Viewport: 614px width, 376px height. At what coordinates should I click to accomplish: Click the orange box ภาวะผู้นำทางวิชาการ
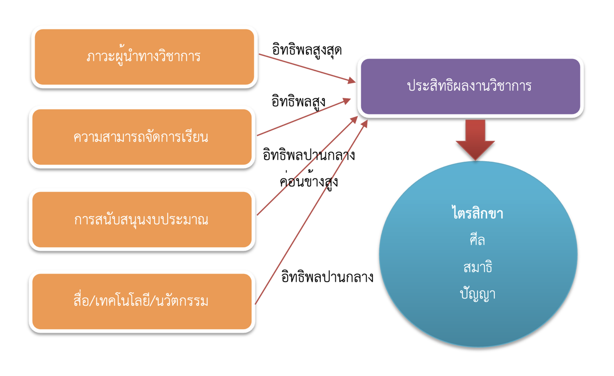tap(144, 57)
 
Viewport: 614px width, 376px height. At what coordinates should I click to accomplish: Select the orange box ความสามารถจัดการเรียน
tap(142, 137)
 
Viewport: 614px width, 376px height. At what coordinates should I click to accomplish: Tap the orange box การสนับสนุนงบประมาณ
tap(142, 220)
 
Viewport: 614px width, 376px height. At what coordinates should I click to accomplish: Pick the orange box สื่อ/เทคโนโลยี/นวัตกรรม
tap(142, 301)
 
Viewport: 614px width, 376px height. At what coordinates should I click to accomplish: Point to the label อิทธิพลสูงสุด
tap(307, 50)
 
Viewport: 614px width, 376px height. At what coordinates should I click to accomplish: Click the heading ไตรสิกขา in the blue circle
tap(478, 213)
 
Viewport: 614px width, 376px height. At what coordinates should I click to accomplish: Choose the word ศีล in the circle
tap(477, 240)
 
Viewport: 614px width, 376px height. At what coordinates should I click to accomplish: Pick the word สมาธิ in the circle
tap(478, 267)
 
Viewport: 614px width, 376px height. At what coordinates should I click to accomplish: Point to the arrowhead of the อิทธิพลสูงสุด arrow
tap(351, 80)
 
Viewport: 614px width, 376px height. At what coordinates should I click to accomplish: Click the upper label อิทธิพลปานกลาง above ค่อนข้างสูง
tap(309, 155)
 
